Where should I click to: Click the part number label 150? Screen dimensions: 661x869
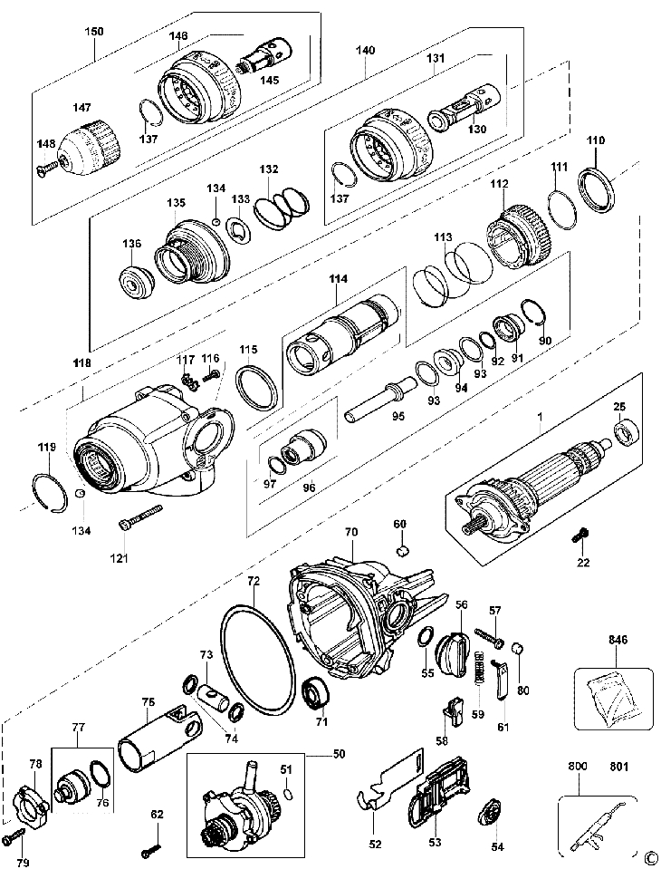pyautogui.click(x=93, y=32)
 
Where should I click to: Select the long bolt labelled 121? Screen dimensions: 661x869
pyautogui.click(x=140, y=516)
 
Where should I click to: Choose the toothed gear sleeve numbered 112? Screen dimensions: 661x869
pyautogui.click(x=516, y=235)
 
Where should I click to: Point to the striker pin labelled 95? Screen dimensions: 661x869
pyautogui.click(x=381, y=398)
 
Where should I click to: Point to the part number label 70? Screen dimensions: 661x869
pyautogui.click(x=351, y=532)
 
